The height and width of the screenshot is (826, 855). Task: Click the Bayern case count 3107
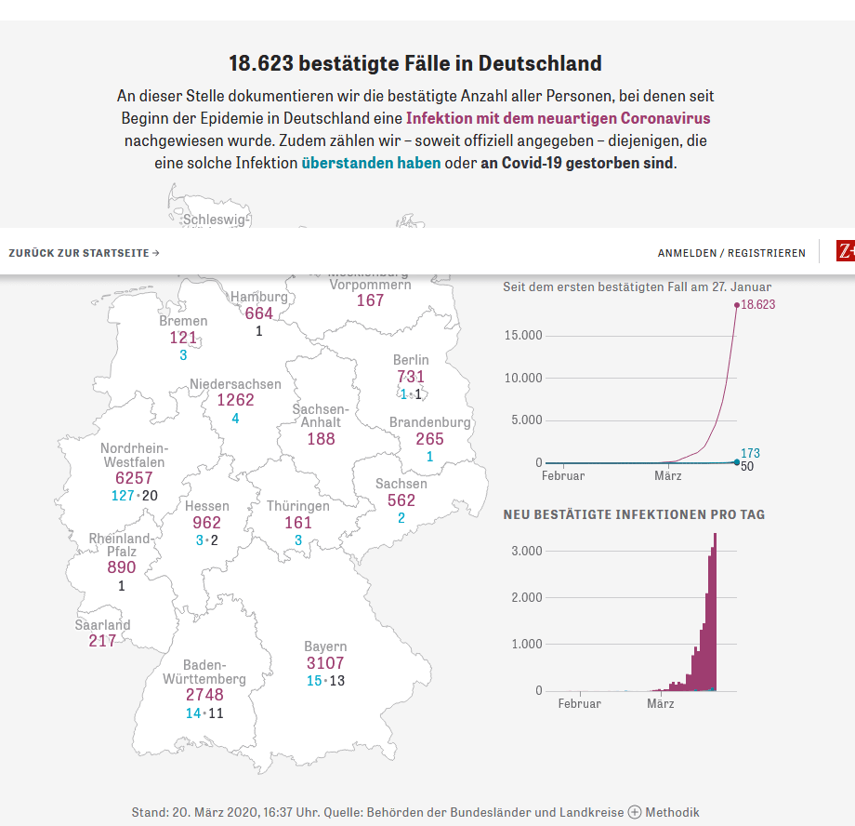[x=325, y=663]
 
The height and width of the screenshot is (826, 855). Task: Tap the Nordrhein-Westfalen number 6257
[x=127, y=477]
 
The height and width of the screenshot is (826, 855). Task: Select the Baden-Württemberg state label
[x=204, y=672]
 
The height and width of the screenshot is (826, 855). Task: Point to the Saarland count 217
[x=102, y=641]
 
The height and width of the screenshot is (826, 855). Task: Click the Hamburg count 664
[x=259, y=313]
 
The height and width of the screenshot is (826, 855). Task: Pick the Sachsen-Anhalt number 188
[x=321, y=438]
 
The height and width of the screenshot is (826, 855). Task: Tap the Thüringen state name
[x=298, y=506]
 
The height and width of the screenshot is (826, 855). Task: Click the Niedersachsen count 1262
[x=235, y=400]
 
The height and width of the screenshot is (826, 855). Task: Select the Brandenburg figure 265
[x=429, y=439]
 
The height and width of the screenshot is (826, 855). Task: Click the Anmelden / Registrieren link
[x=731, y=253]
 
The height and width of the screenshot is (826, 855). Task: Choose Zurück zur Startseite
[x=84, y=253]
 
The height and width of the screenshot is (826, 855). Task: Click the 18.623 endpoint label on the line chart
[x=757, y=304]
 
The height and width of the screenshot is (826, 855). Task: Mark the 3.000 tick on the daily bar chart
[x=527, y=551]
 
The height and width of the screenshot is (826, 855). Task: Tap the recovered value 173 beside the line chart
[x=750, y=453]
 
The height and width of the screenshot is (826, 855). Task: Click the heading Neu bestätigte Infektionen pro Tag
[x=634, y=514]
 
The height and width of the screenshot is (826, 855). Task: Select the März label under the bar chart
[x=661, y=703]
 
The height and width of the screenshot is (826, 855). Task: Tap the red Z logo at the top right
[x=845, y=251]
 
